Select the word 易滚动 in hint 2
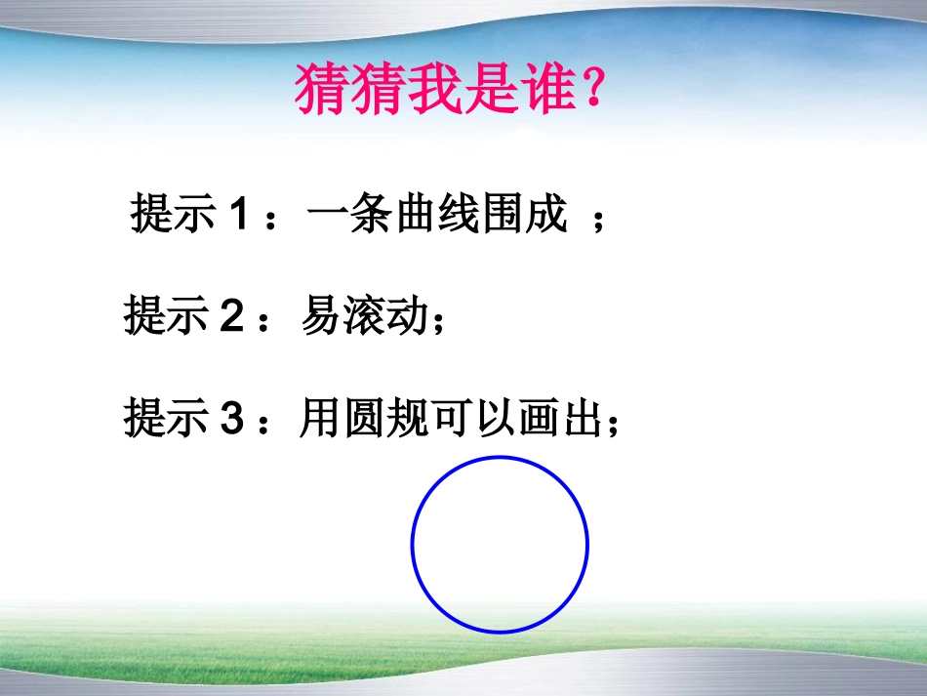point(363,318)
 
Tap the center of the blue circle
point(500,544)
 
